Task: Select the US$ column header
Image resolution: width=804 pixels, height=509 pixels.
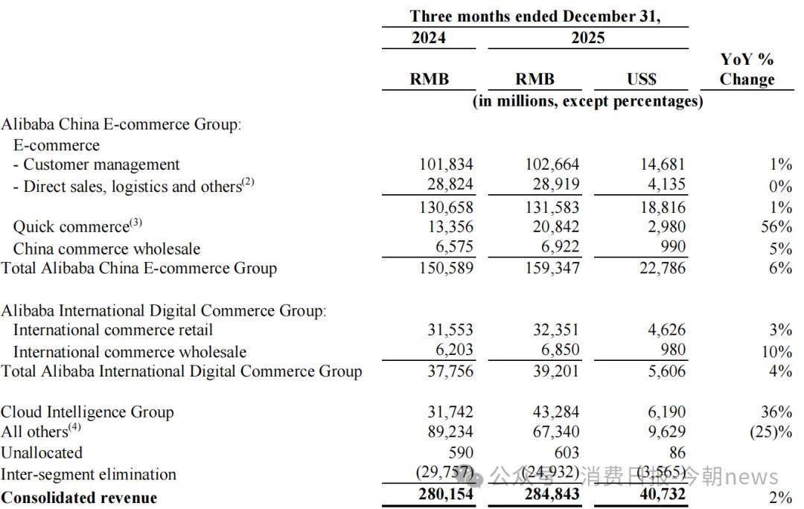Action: pos(641,80)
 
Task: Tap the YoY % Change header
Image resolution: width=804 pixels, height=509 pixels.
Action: pos(747,69)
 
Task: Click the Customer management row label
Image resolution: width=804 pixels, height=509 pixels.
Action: pos(97,164)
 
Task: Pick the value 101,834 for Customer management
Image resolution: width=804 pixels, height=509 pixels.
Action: pos(445,164)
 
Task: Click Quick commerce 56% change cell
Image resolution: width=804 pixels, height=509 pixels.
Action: pos(776,227)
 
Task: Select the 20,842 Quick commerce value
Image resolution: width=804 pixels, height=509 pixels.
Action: pos(552,227)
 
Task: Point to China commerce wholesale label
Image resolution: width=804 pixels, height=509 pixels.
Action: pos(106,249)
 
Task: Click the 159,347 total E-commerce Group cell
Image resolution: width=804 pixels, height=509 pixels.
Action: pos(552,268)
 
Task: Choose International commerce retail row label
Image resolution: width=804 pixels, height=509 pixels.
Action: pos(112,330)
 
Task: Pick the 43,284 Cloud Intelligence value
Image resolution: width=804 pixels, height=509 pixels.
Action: pos(552,412)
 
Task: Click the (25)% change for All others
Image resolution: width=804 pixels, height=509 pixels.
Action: pos(771,432)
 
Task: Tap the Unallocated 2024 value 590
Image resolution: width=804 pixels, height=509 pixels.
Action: pos(458,452)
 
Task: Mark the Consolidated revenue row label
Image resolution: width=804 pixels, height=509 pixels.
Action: pos(79,498)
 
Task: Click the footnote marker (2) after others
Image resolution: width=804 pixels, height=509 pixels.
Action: pos(248,182)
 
